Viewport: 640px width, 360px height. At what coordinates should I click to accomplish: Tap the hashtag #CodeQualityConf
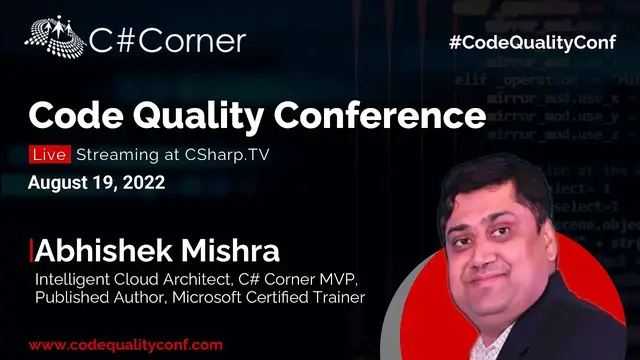pos(538,43)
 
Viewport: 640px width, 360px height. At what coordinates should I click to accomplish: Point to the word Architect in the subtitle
pos(179,277)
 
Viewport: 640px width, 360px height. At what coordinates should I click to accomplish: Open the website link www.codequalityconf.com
pos(124,344)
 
